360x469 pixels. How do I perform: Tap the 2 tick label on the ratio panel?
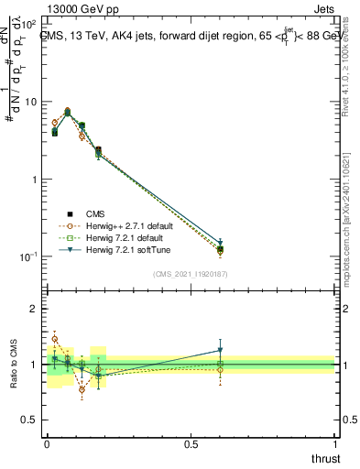click(35, 309)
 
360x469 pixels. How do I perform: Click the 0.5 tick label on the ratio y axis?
click(31, 420)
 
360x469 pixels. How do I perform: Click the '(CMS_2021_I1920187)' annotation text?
click(191, 274)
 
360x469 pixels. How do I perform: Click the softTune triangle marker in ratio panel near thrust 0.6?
click(219, 350)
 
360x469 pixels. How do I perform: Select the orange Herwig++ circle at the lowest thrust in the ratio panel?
click(54, 339)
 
